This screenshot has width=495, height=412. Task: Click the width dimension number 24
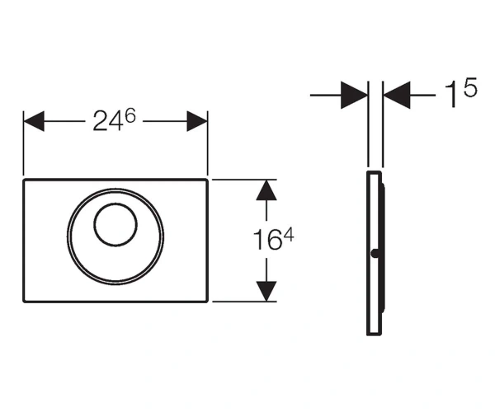(107, 121)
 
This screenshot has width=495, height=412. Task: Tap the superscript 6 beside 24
(130, 115)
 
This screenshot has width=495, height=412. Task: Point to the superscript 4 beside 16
(288, 235)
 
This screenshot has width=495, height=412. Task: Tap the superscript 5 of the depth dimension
(470, 87)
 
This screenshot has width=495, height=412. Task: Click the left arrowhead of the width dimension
(34, 121)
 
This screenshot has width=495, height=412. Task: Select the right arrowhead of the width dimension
(197, 121)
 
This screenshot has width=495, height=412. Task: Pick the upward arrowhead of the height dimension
(266, 190)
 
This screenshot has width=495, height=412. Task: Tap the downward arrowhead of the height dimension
(266, 291)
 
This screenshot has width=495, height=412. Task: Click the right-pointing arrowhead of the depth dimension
(354, 95)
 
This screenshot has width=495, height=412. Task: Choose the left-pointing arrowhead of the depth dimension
(397, 95)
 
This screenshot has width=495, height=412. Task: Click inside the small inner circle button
(115, 224)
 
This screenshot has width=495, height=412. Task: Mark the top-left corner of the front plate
(24, 180)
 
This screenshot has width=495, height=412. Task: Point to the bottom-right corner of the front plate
(207, 302)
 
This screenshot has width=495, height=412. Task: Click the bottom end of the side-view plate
(374, 335)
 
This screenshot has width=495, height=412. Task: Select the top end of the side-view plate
(374, 172)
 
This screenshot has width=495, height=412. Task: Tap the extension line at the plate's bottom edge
(244, 302)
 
